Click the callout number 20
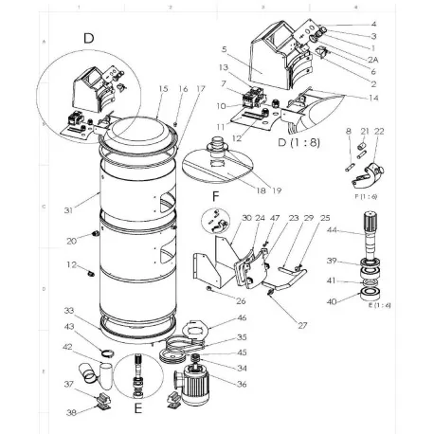click(70, 240)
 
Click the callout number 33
click(68, 310)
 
